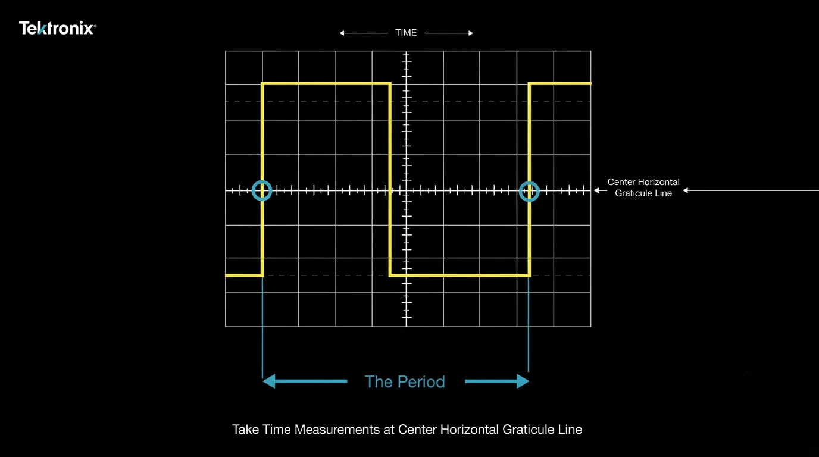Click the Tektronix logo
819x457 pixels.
pyautogui.click(x=58, y=28)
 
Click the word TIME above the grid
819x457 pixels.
pyautogui.click(x=406, y=33)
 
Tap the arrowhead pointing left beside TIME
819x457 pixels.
pyautogui.click(x=342, y=33)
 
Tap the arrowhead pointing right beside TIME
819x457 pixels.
pyautogui.click(x=471, y=33)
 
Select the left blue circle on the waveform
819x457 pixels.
pyautogui.click(x=262, y=181)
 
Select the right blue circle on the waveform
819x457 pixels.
pyautogui.click(x=529, y=181)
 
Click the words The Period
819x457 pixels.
pyautogui.click(x=405, y=381)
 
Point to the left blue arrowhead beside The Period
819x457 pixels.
pyautogui.click(x=269, y=381)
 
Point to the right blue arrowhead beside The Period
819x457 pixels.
pyautogui.click(x=523, y=381)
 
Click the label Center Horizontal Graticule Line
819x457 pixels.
pyautogui.click(x=643, y=187)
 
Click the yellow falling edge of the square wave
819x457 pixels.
pyautogui.click(x=390, y=179)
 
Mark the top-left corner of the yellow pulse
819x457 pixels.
pyautogui.click(x=262, y=84)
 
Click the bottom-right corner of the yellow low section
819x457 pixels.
pyautogui.click(x=529, y=276)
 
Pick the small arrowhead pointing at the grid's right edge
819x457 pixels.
pyautogui.click(x=596, y=190)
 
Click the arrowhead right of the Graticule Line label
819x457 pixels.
pyautogui.click(x=686, y=190)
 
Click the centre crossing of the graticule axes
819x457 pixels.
pyautogui.click(x=407, y=190)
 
